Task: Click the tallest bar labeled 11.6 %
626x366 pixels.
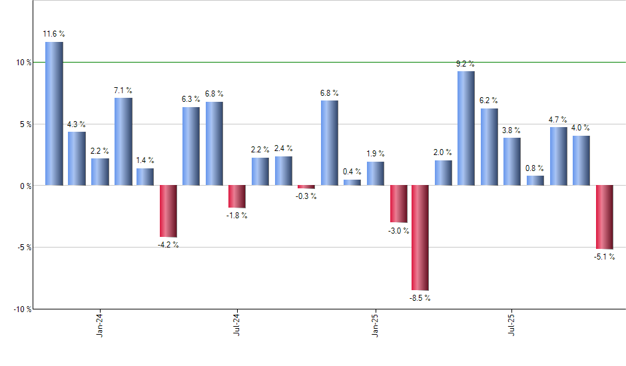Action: coord(54,113)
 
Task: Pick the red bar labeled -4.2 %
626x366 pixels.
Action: coord(168,211)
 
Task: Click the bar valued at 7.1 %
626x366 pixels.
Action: coord(123,141)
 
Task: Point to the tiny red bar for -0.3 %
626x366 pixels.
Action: coord(306,187)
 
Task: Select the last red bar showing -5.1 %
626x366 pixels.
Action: coord(605,217)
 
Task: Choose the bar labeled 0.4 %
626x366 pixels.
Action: coord(352,182)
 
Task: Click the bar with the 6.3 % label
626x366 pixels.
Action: coord(191,146)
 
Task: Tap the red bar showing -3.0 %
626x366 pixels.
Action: coord(398,204)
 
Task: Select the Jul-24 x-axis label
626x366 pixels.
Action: coord(237,324)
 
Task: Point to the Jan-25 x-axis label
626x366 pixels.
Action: coord(375,324)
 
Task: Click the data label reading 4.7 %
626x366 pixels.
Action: coord(558,120)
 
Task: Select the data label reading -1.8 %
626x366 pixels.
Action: coord(237,216)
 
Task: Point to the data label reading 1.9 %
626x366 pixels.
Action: coord(376,154)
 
